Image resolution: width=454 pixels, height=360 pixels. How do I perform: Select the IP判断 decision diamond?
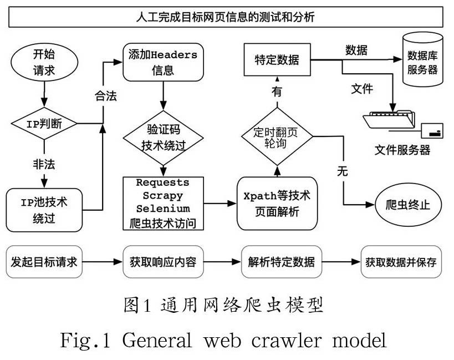tap(44, 124)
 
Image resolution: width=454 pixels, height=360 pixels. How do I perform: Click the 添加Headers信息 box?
tap(163, 63)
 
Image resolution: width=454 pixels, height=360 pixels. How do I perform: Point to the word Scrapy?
tap(164, 196)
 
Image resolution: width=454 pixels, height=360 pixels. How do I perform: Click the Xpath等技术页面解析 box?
tap(278, 204)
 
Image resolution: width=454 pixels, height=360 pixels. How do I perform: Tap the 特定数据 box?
tap(277, 59)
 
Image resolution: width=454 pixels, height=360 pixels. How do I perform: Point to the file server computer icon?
tap(391, 123)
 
